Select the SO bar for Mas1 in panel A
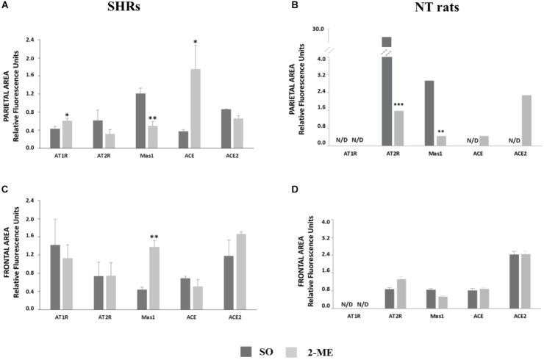pyautogui.click(x=160, y=120)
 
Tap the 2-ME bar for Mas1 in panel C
pyautogui.click(x=173, y=278)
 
